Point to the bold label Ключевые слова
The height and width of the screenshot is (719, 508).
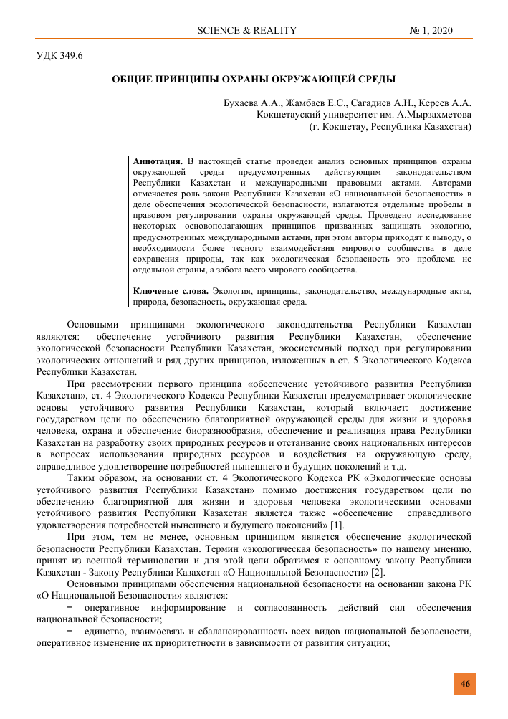pyautogui.click(x=171, y=290)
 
